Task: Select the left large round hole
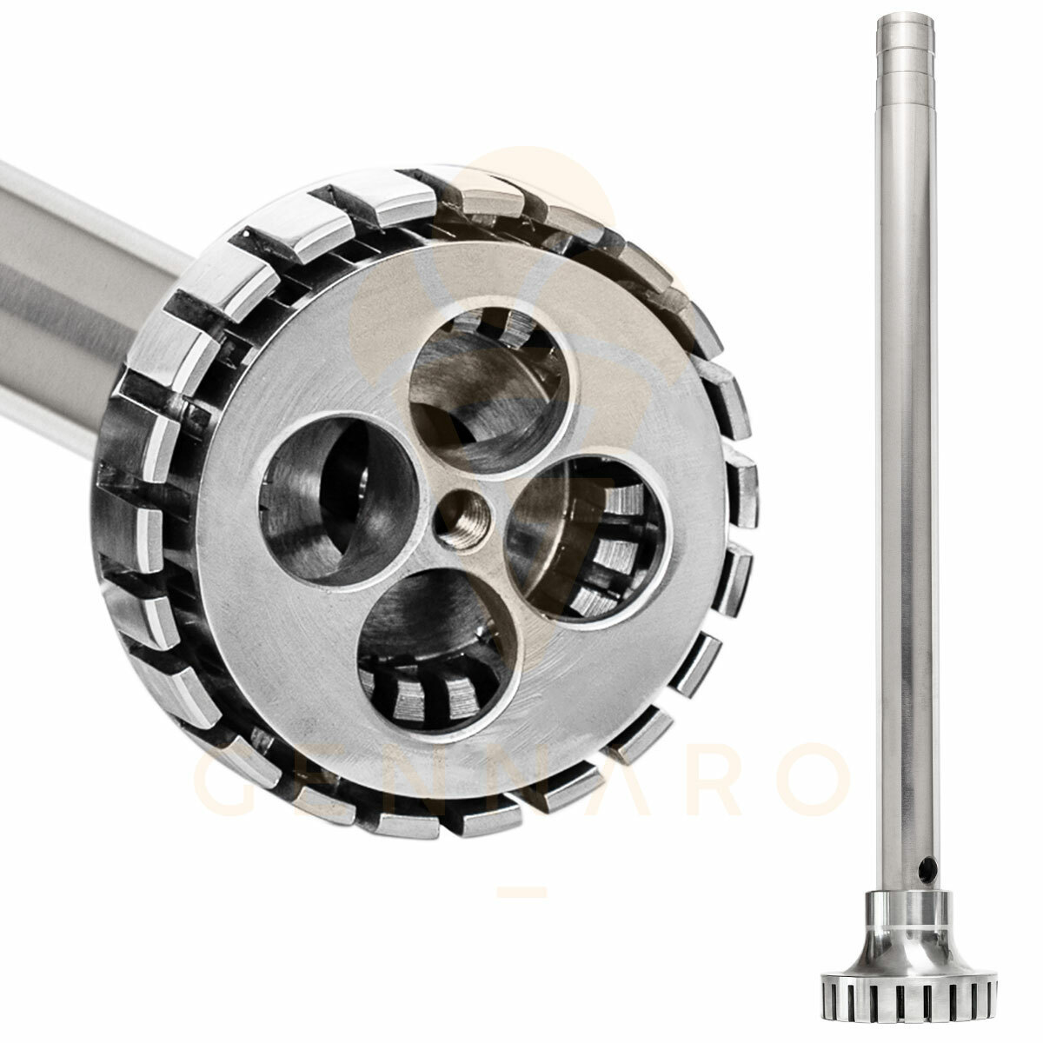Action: (x=339, y=501)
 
